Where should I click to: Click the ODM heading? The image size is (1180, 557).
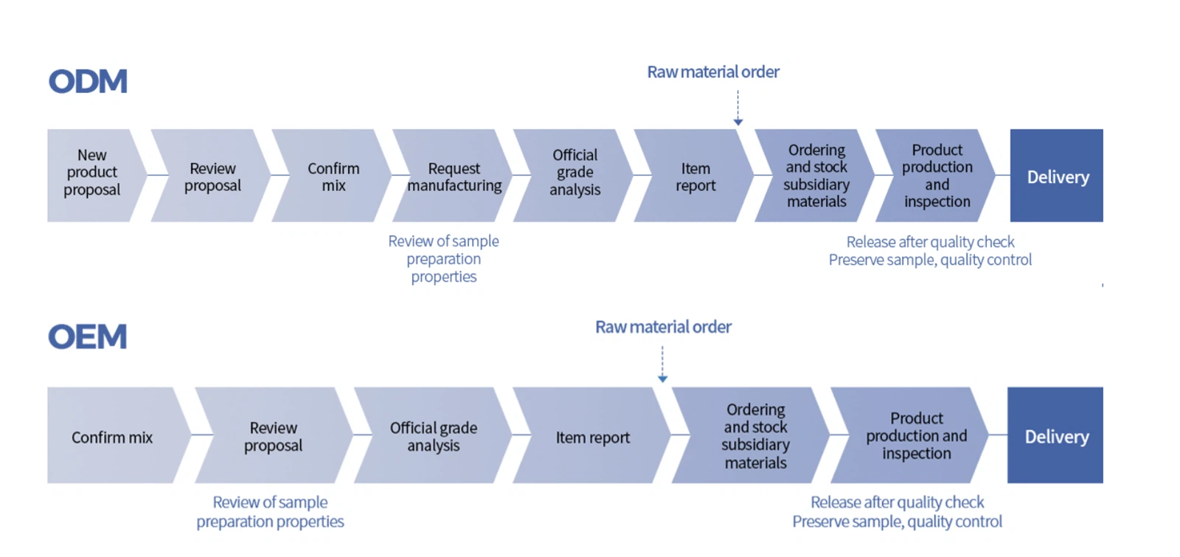[88, 81]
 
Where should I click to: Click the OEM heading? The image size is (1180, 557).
[88, 336]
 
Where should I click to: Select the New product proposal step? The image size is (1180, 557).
[92, 173]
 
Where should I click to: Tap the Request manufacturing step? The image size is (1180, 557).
[454, 177]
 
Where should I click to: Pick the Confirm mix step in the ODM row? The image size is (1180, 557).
[333, 177]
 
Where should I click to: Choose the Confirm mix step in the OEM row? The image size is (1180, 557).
[112, 437]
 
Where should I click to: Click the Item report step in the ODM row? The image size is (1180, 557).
[695, 177]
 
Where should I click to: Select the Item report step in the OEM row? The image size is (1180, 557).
[593, 437]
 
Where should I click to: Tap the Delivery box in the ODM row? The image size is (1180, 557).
[1057, 176]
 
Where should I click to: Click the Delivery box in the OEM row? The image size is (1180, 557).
[1056, 436]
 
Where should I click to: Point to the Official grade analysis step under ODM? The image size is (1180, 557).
[575, 173]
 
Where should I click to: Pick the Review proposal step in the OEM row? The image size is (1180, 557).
[273, 437]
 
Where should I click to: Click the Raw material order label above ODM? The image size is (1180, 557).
[713, 72]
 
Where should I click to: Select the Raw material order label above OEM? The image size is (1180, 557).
[663, 327]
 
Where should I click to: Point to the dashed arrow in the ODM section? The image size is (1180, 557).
[738, 108]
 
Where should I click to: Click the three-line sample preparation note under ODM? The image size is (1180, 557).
[444, 259]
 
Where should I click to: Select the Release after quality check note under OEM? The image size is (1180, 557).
[897, 512]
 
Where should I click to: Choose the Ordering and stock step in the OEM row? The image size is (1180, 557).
[755, 436]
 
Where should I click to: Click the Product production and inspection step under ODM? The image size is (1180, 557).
[937, 176]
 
